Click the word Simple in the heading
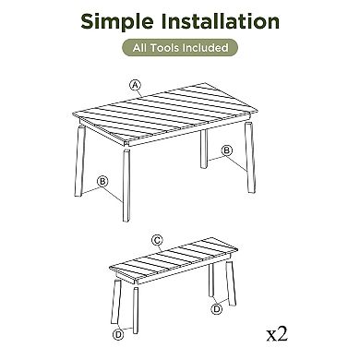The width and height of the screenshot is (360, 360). coord(117,22)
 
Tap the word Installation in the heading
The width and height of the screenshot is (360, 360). coord(221,21)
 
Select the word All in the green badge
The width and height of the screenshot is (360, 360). coord(140,48)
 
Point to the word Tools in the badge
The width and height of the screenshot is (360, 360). coord(164,48)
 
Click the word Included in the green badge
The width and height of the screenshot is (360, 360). coord(205,48)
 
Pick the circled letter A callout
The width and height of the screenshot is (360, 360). coord(135,85)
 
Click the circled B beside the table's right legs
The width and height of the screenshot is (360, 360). coord(227,150)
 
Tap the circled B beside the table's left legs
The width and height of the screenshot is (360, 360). coord(102,181)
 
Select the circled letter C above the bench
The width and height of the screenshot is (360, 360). coord(157,240)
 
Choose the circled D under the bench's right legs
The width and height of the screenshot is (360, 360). coord(217,308)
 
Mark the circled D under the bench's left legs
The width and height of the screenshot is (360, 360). coord(118,334)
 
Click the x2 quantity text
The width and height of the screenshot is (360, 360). coord(277,334)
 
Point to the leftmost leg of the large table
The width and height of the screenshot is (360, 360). coord(79,161)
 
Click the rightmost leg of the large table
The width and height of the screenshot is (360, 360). coord(250,158)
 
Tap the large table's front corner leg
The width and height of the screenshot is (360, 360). coord(126,185)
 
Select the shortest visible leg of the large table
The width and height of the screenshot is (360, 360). coord(204,150)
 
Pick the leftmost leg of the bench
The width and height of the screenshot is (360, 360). coord(115,302)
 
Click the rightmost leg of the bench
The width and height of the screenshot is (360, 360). coord(231,283)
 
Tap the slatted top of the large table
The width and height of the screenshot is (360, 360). coord(165,114)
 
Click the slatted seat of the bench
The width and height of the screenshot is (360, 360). coord(174,260)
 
